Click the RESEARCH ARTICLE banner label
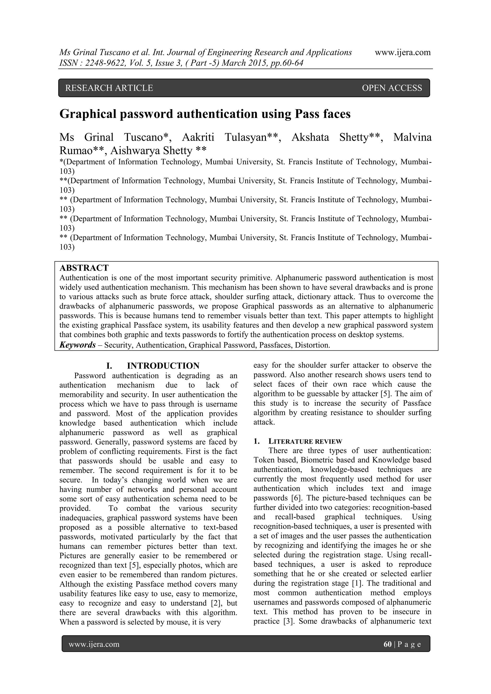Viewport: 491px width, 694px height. point(109,88)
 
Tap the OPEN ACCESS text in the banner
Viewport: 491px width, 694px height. point(392,88)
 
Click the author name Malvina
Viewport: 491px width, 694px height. point(412,138)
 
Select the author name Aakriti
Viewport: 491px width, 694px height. point(198,138)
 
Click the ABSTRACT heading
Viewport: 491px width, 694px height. point(84,268)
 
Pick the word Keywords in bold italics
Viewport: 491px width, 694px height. point(78,345)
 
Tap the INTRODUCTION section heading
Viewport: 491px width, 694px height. point(163,366)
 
